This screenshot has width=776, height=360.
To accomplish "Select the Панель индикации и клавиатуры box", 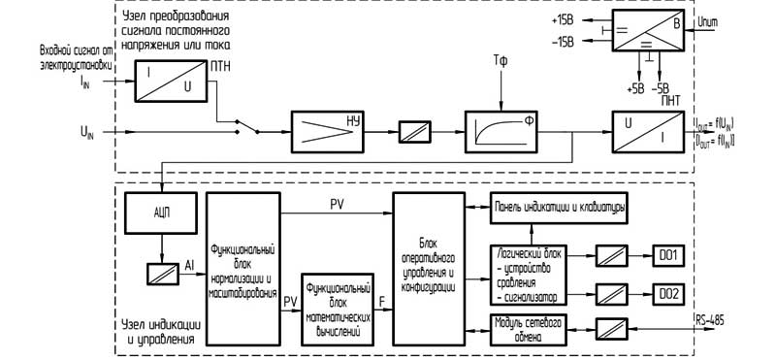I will tap(557, 208).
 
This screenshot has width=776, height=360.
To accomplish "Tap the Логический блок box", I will tap(529, 267).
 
